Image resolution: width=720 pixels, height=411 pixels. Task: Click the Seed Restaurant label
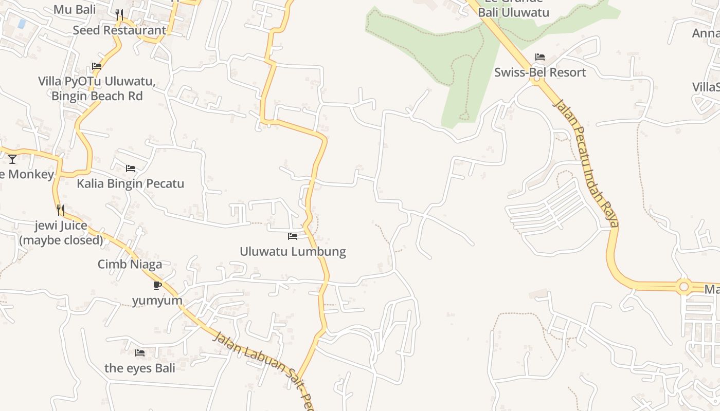(119, 30)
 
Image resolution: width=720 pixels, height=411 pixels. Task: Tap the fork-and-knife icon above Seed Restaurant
(119, 14)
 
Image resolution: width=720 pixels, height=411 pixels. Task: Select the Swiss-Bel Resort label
(540, 72)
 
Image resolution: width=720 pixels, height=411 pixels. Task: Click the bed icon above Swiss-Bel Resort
(540, 57)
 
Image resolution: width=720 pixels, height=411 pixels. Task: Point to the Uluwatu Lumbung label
(293, 252)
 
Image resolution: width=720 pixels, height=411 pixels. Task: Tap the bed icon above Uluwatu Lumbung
(293, 236)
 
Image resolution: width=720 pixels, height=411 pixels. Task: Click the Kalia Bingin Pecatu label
(131, 183)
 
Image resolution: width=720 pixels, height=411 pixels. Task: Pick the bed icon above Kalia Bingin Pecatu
(131, 168)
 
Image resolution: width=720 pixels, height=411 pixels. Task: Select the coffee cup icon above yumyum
(157, 285)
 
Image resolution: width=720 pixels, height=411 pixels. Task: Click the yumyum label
(157, 301)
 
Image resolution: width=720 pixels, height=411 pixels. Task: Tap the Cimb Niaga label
(130, 264)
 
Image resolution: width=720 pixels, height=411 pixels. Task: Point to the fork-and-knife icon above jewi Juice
(61, 210)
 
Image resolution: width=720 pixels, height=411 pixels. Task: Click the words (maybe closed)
(61, 240)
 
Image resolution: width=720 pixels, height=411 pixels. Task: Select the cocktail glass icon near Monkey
(12, 159)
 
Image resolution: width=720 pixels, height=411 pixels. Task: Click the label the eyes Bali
(140, 368)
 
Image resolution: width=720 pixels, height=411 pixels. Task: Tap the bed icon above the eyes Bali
(140, 353)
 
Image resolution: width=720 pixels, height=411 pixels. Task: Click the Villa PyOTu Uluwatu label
(97, 81)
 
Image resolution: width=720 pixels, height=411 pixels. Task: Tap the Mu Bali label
(75, 9)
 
